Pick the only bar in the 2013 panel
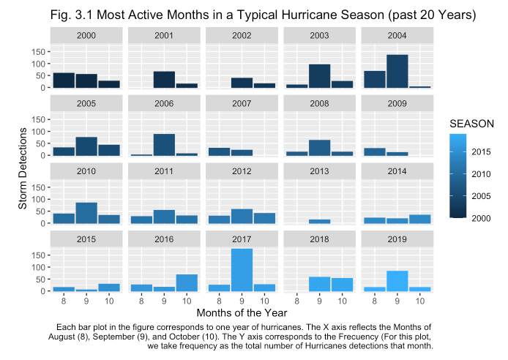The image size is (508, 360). coord(319,221)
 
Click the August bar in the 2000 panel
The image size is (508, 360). coord(64,80)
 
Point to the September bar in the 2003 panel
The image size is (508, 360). coord(319,76)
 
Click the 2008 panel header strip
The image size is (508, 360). coord(319,104)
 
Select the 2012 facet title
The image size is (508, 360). coord(242,172)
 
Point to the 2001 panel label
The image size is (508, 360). coord(164,36)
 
